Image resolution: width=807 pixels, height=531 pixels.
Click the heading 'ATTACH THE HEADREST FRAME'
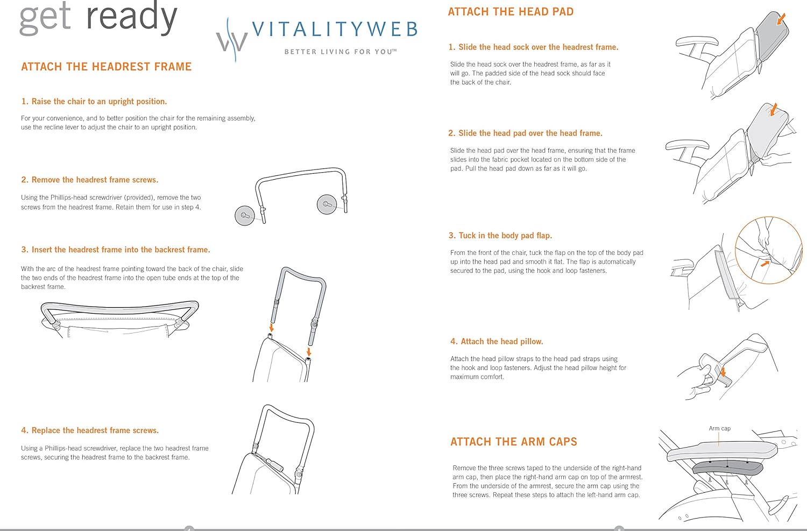tap(107, 67)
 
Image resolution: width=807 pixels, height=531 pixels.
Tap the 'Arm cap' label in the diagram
tap(719, 429)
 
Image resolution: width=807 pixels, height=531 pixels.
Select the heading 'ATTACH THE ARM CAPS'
tap(513, 442)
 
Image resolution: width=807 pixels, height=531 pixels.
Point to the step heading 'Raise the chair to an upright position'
tap(94, 101)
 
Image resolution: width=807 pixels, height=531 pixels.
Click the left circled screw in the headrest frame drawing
tap(245, 215)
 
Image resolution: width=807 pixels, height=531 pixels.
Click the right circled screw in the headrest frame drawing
tap(327, 204)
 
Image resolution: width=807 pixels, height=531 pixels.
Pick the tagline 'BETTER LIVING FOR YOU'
tap(340, 52)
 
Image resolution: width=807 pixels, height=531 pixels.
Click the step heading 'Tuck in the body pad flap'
tap(500, 236)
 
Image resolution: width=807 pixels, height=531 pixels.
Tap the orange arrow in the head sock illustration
tap(781, 19)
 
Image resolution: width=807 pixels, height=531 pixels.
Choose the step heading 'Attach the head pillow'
tap(497, 342)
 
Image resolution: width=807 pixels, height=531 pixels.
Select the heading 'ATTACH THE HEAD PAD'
tap(511, 12)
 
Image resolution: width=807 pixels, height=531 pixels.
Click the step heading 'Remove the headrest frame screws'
tap(90, 180)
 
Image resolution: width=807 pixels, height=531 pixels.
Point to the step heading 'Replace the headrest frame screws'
tap(90, 430)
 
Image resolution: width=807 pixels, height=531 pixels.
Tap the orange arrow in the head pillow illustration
tap(723, 371)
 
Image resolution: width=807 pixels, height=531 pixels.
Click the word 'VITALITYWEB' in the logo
tap(335, 29)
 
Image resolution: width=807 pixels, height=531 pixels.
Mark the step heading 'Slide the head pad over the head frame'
tap(525, 133)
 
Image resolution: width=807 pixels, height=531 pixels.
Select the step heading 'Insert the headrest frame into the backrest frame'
tap(116, 250)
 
